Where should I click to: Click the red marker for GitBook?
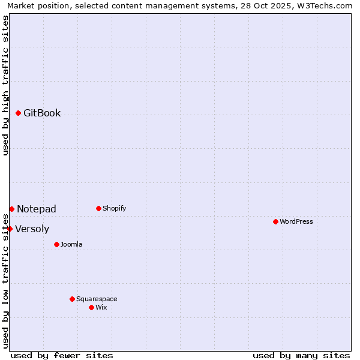[18, 113]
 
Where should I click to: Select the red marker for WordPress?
[275, 221]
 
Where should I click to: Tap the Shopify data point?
[98, 208]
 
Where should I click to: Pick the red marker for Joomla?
[56, 244]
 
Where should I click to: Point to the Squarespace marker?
[72, 299]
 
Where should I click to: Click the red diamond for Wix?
[91, 307]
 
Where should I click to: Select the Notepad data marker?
[11, 209]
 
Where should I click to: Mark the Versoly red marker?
[10, 229]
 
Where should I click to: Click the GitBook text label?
[42, 113]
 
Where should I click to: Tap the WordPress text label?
[296, 221]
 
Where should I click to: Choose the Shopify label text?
[115, 208]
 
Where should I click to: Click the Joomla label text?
[71, 244]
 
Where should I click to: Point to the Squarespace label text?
[97, 299]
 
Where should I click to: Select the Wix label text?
[101, 307]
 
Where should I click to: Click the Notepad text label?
[37, 209]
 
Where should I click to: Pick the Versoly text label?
[32, 229]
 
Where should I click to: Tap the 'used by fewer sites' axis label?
[62, 355]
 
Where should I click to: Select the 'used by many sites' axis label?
[301, 355]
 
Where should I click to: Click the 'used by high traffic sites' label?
[5, 85]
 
